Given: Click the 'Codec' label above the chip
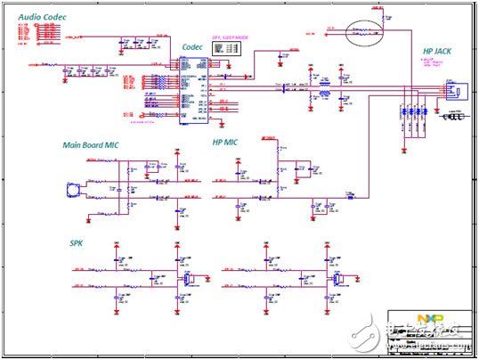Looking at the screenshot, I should tap(192, 46).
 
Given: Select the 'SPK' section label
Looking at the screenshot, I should tap(77, 242).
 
